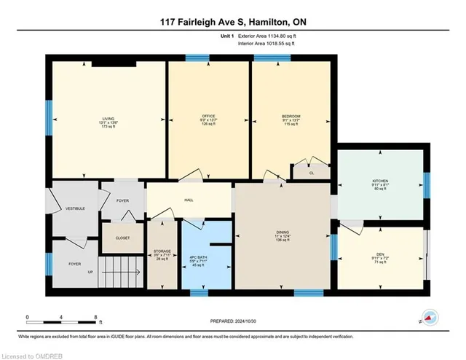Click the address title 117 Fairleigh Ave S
point(232,22)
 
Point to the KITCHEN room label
point(380,181)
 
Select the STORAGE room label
point(162,251)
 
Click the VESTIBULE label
point(76,208)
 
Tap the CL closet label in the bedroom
point(312,173)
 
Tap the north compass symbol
point(429,318)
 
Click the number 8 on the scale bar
point(96,317)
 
